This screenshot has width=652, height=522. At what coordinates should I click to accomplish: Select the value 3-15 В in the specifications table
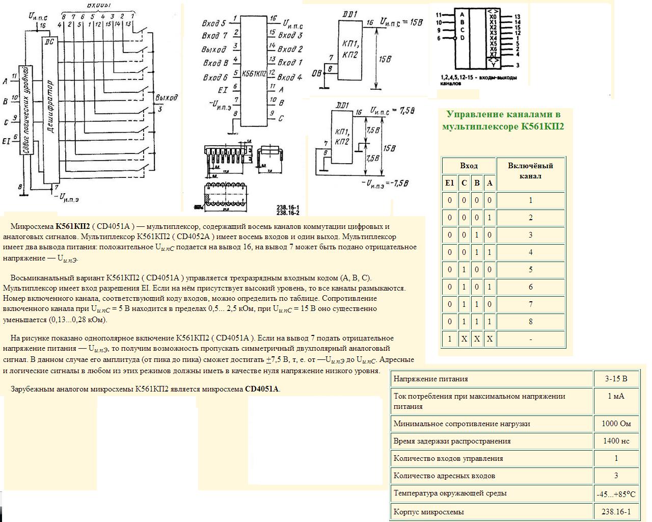click(x=616, y=379)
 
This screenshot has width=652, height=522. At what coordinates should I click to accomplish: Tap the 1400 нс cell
click(x=616, y=441)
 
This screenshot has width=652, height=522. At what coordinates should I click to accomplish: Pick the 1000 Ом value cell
click(x=616, y=424)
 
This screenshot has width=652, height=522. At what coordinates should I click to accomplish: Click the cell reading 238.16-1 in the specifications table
click(x=616, y=512)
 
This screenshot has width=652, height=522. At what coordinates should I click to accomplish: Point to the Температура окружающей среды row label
click(x=450, y=493)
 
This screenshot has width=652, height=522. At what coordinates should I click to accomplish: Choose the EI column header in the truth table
click(x=449, y=183)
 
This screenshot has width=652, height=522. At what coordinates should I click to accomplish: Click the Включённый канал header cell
click(x=530, y=171)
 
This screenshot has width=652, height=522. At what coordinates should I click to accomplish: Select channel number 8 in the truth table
click(x=530, y=322)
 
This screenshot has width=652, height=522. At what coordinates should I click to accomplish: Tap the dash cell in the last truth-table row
click(x=530, y=339)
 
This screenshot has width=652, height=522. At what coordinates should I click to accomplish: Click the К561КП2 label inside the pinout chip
click(x=254, y=73)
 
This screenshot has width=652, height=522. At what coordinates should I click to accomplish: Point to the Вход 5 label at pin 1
click(x=213, y=23)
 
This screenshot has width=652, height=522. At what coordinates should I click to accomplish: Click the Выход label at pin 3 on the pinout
click(x=213, y=49)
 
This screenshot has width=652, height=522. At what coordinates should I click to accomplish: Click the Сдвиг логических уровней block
click(x=25, y=110)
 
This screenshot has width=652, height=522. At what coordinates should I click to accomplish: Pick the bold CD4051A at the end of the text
click(x=262, y=389)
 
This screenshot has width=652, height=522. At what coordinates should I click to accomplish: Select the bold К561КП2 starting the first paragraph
click(x=72, y=226)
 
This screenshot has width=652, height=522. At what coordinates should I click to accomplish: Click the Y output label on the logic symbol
click(x=494, y=65)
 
